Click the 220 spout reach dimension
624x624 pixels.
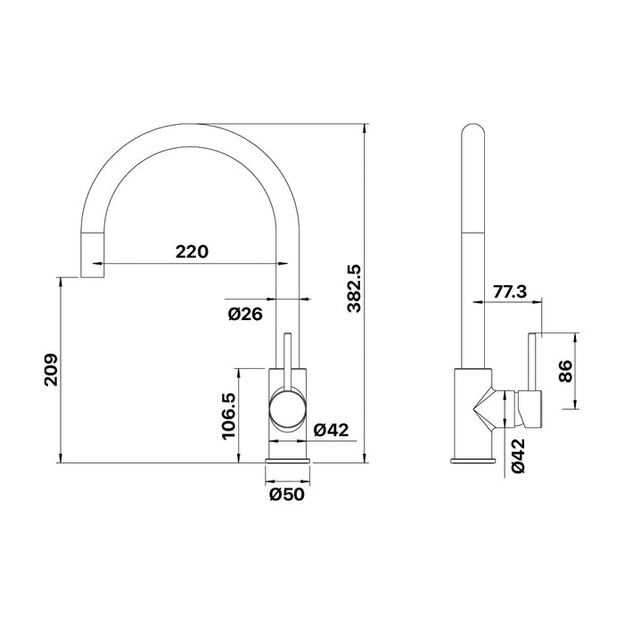tap(191, 251)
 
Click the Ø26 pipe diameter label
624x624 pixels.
tap(244, 314)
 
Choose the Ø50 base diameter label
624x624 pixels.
tap(287, 496)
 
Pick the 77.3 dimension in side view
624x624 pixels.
tap(510, 291)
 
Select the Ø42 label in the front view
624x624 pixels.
tap(331, 430)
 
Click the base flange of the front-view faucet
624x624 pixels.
tap(289, 461)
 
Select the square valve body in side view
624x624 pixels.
tap(472, 410)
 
